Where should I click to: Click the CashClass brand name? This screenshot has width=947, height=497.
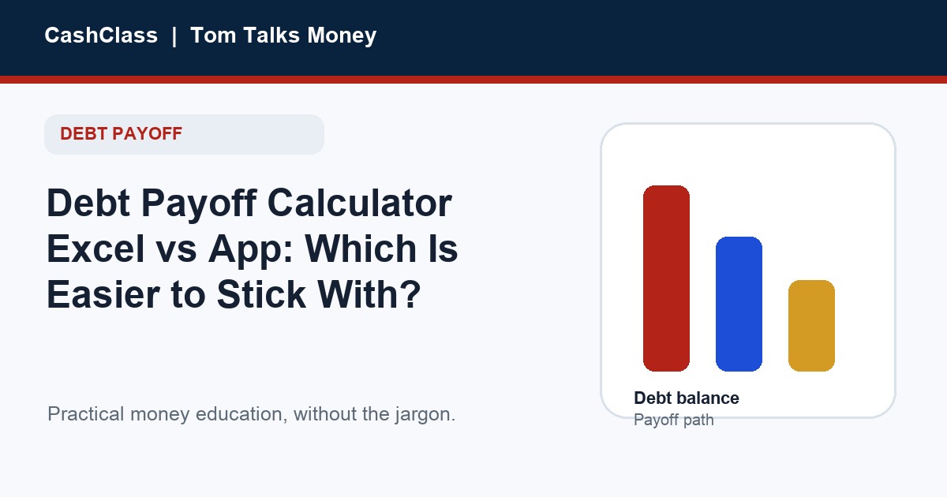click(x=101, y=35)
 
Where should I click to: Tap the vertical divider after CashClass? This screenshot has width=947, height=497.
click(x=174, y=36)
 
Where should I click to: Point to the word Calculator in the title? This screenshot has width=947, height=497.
click(x=360, y=203)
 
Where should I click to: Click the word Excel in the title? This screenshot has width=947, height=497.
click(x=95, y=248)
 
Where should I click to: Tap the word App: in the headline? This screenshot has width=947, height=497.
click(x=251, y=250)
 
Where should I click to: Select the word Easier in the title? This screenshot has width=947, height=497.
click(x=103, y=294)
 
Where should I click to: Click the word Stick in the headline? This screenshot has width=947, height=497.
click(x=261, y=294)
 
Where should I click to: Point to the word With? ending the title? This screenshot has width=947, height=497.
click(x=369, y=294)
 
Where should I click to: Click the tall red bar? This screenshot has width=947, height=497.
click(x=666, y=278)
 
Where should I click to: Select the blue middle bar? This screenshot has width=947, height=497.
click(x=739, y=305)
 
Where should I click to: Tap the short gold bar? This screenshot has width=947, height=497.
click(x=812, y=326)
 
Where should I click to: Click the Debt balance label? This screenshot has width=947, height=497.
click(x=687, y=398)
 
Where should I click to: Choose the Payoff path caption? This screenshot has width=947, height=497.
click(x=674, y=420)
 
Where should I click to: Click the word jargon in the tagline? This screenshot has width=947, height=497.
click(x=425, y=415)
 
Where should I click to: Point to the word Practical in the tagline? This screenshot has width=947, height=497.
click(x=86, y=414)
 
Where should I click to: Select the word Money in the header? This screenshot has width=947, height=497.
click(x=342, y=36)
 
